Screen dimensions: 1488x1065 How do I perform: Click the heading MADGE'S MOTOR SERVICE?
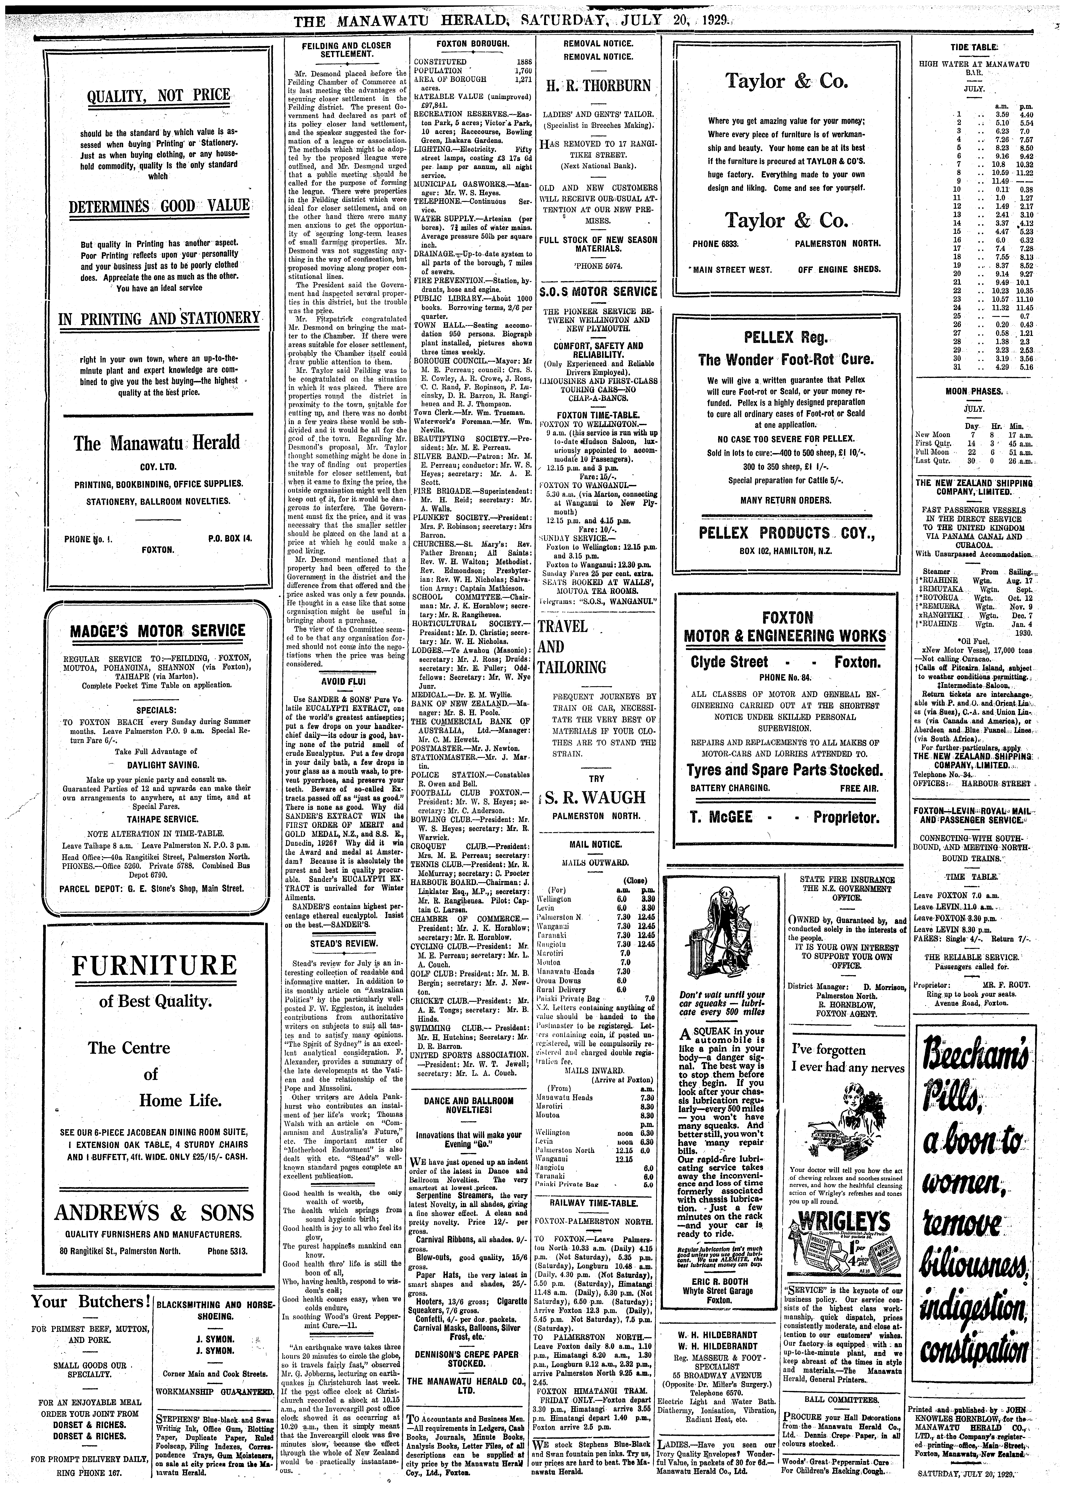pos(157,631)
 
